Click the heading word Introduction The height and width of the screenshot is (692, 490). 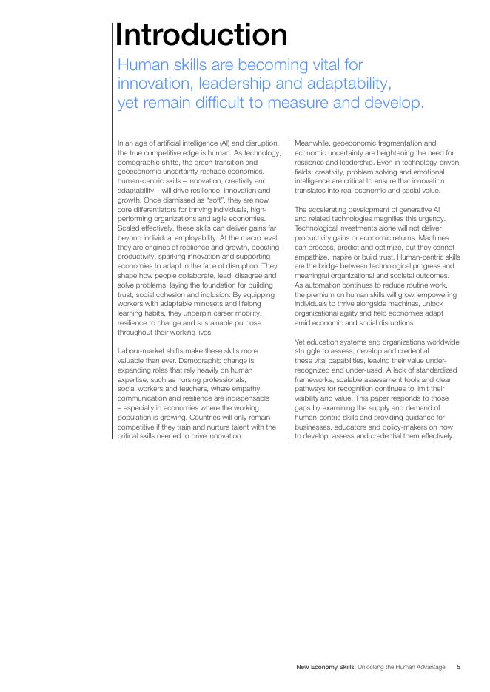201,35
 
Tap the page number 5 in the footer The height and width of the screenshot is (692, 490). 458,668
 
